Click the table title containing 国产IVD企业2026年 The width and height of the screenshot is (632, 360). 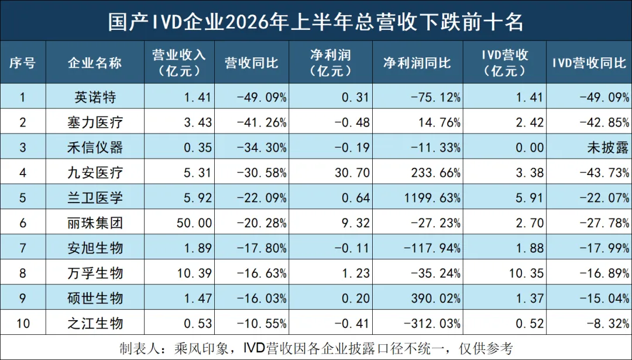coord(315,22)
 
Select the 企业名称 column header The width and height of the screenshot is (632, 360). coord(95,63)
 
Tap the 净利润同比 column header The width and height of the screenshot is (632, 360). coord(417,63)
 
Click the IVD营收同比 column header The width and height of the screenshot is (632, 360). coord(589,63)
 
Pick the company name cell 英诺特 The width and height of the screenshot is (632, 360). coord(95,97)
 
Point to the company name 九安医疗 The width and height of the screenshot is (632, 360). coord(95,173)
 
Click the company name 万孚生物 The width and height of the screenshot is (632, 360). coord(95,273)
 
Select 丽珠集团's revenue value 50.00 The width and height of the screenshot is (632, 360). coord(194,223)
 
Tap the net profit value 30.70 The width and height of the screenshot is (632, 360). coord(352,173)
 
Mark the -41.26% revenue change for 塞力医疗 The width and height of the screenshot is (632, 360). coord(262,122)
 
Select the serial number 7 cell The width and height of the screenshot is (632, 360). coord(23,248)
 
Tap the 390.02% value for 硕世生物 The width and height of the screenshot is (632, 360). coord(436,299)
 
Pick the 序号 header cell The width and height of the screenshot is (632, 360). coord(23,63)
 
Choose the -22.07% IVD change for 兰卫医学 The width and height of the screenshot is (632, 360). coord(604,198)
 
